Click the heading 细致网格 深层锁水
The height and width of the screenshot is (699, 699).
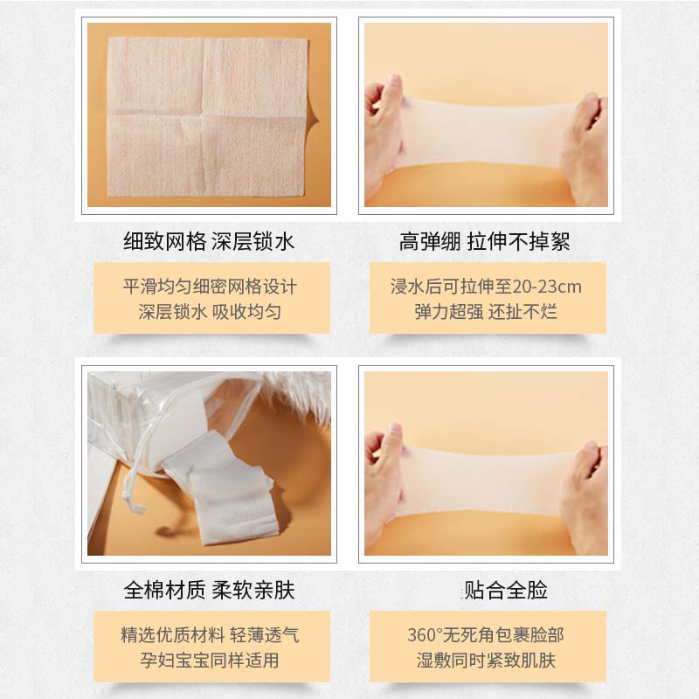pos(209,242)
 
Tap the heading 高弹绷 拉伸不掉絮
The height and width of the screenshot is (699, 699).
pos(484,242)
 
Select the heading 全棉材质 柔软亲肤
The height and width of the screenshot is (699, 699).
pos(209,591)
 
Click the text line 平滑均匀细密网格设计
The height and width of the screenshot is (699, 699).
pos(210,287)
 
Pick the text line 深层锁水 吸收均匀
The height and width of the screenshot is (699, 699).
pos(210,312)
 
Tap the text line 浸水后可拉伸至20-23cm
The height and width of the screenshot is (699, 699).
pos(486,287)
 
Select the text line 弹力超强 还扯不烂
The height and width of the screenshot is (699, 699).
pos(486,312)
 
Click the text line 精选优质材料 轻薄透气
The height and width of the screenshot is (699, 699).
pos(210,635)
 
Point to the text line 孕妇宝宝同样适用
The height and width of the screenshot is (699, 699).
pos(210,661)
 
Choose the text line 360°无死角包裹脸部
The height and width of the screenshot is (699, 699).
pos(486,635)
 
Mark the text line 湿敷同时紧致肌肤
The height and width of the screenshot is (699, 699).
pos(486,661)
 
